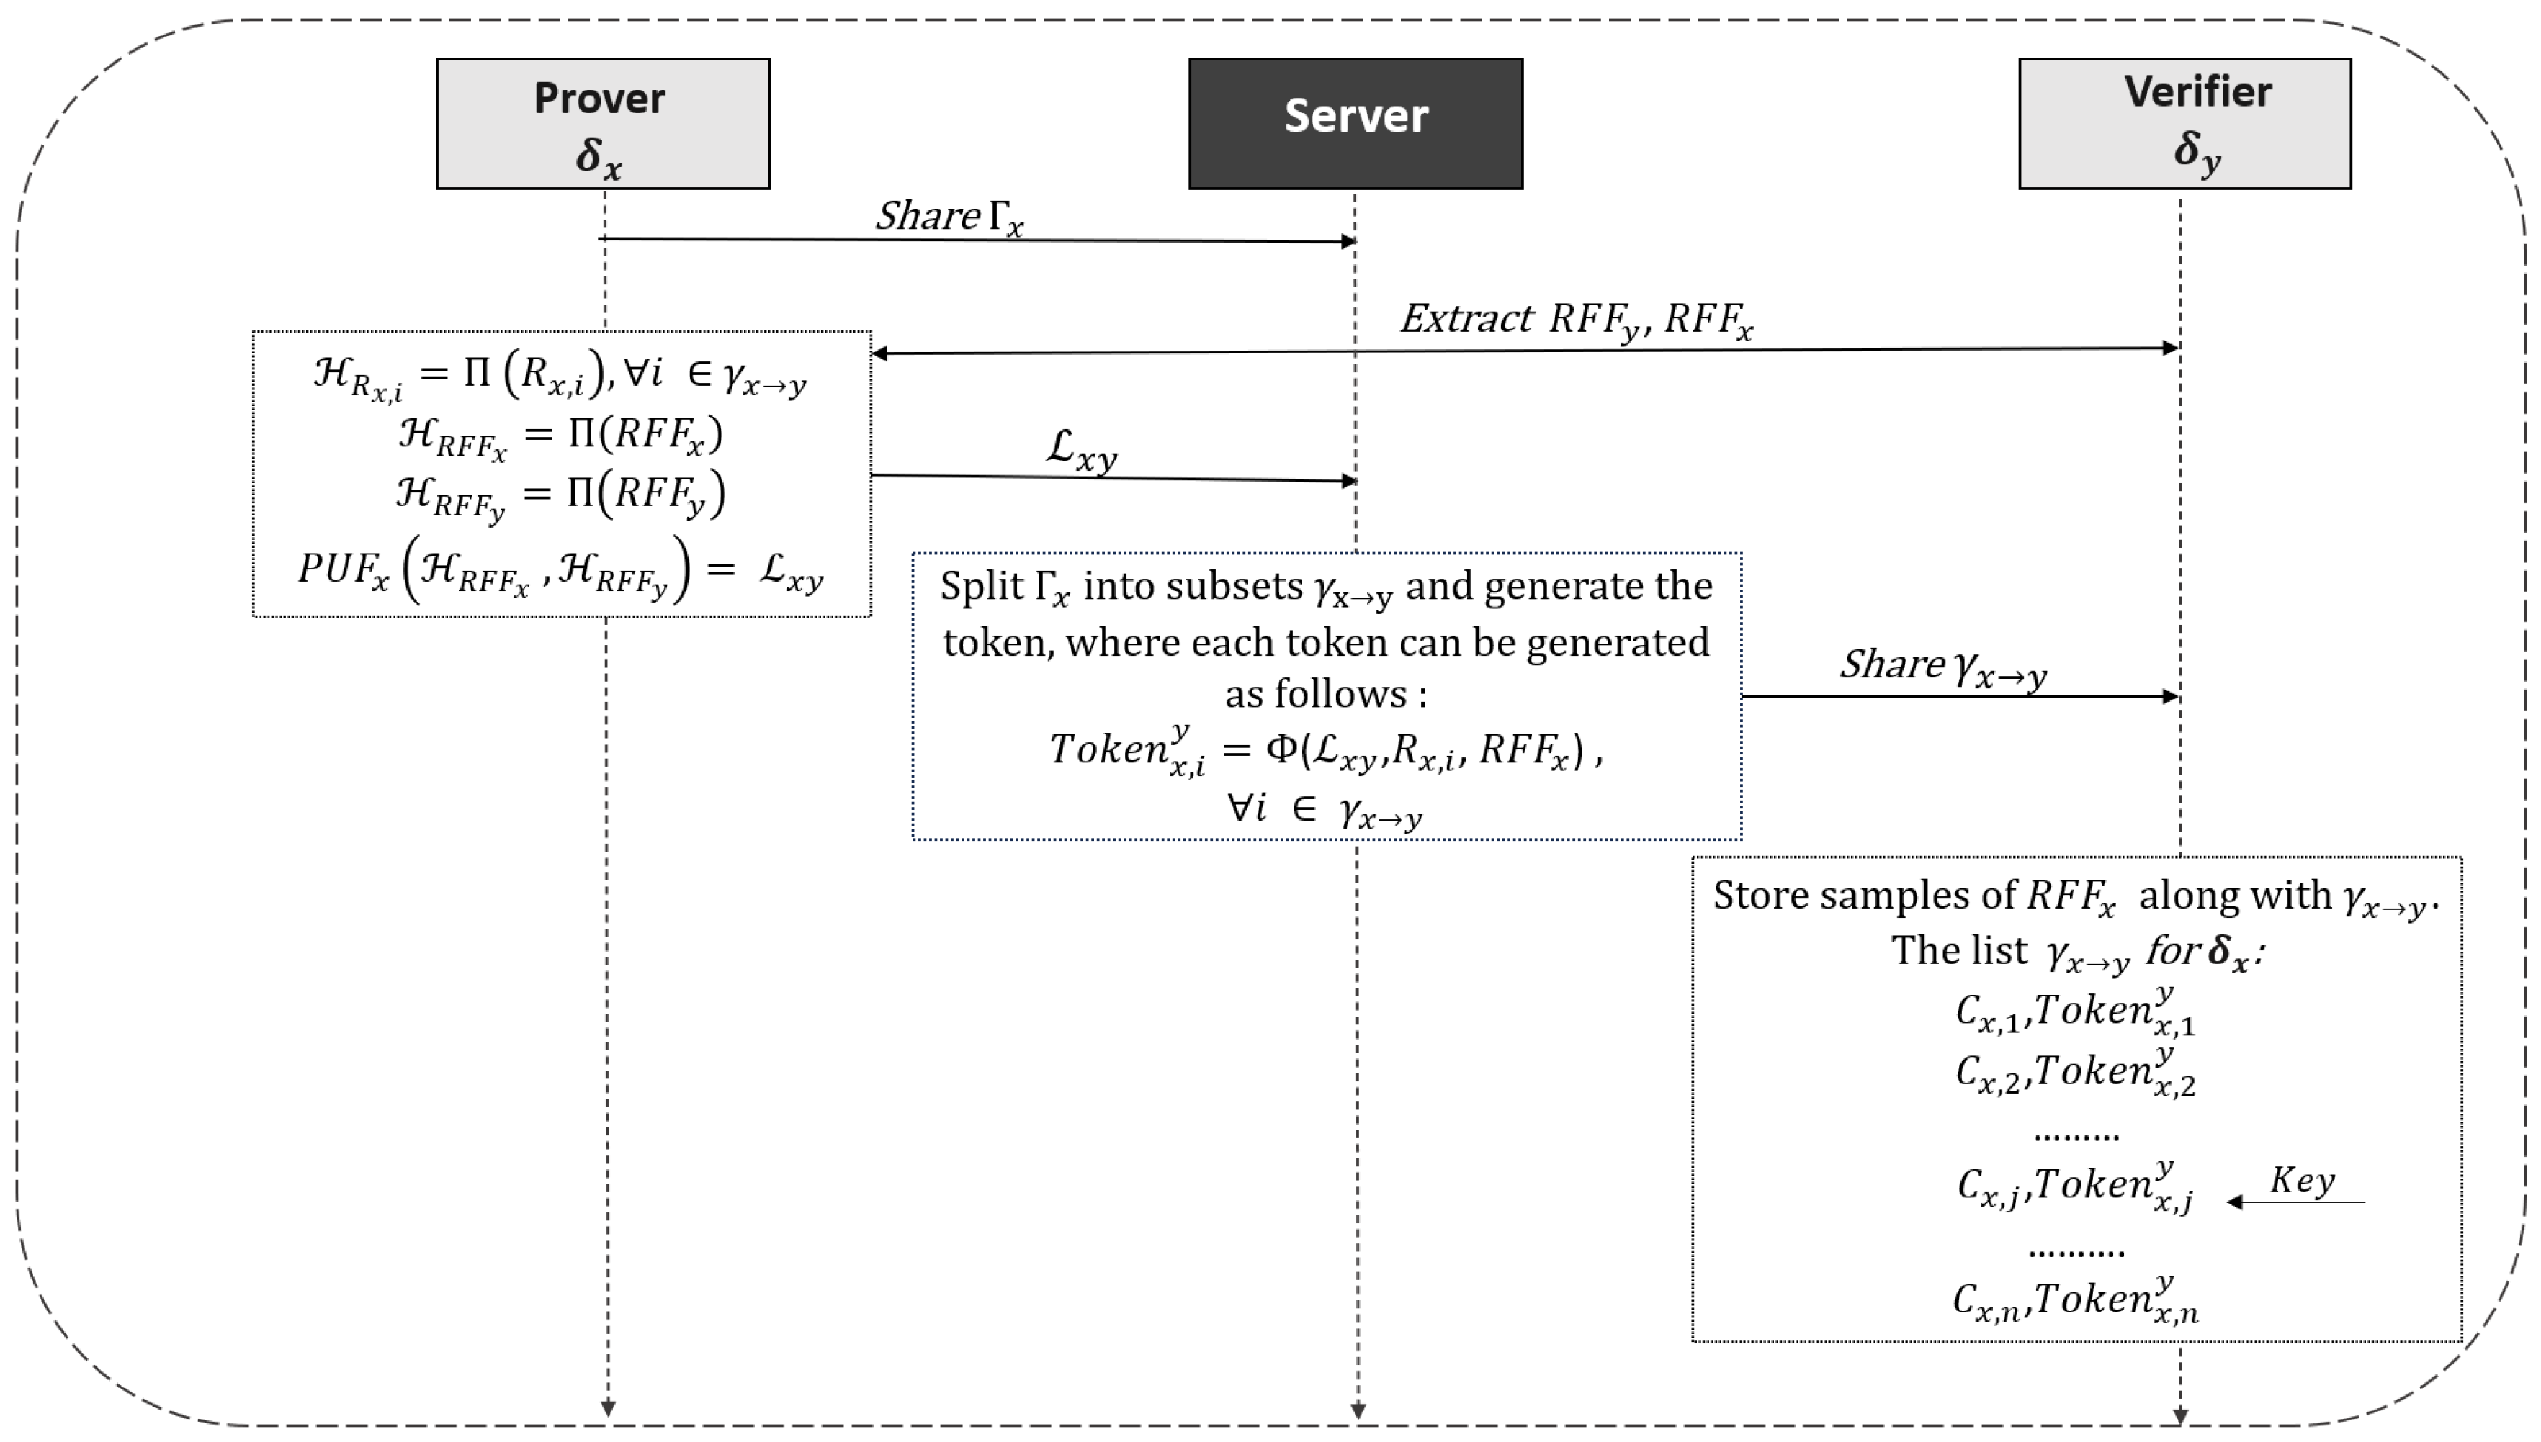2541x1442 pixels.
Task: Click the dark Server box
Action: point(1355,123)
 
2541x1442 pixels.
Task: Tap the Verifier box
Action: point(2184,123)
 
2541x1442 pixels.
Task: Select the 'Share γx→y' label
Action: point(1942,667)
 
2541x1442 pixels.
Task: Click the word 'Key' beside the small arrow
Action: point(2303,1181)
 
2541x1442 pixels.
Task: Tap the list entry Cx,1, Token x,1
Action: point(2074,1012)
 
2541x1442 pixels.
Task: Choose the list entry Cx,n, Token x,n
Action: point(2074,1299)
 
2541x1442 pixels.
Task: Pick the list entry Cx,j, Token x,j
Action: point(2074,1186)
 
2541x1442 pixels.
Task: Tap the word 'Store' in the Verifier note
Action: point(1762,896)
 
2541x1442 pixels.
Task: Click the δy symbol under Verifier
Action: point(2197,151)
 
